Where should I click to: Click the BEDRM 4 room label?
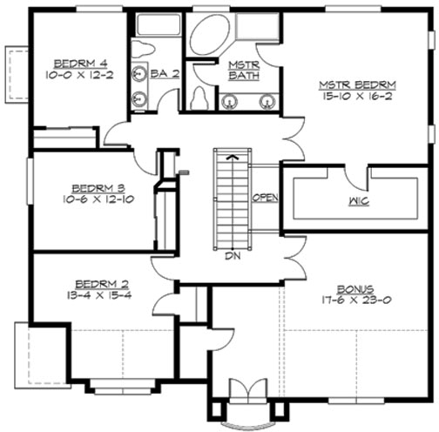(x=79, y=63)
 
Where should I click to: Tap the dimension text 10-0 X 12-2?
(x=79, y=76)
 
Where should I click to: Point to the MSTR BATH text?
(x=238, y=71)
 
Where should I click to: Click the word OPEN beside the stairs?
(x=265, y=198)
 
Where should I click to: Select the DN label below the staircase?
(x=231, y=258)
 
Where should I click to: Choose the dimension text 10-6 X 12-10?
(x=91, y=199)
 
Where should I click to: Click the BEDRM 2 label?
(x=97, y=283)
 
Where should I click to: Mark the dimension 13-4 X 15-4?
(x=97, y=296)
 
